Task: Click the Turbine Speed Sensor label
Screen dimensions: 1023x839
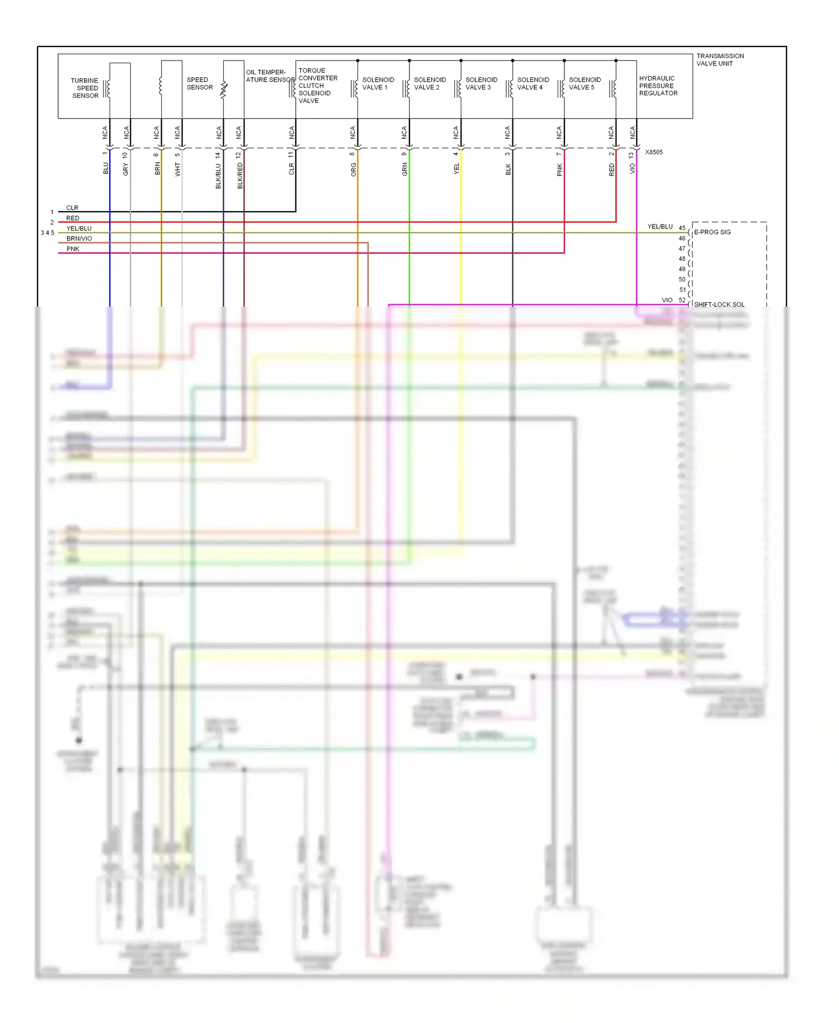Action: [x=84, y=88]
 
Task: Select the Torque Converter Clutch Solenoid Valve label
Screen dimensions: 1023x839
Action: [x=317, y=86]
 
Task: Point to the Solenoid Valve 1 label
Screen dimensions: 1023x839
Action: [x=378, y=83]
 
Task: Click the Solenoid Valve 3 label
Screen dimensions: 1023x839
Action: [x=481, y=83]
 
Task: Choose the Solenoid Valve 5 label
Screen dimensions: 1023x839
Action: [x=585, y=83]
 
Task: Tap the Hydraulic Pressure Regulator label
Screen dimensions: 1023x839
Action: [x=658, y=86]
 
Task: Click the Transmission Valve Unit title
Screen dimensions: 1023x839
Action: [x=720, y=60]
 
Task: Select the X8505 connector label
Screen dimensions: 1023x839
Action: [x=653, y=152]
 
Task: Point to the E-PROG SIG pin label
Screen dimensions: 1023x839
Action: [x=712, y=232]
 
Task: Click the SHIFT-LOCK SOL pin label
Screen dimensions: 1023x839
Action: [x=719, y=304]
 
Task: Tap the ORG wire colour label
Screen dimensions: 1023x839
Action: [x=353, y=170]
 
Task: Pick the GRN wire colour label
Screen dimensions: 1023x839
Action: [x=405, y=170]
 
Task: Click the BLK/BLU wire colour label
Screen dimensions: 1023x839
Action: [x=218, y=176]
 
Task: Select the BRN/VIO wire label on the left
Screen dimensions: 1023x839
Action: [x=79, y=239]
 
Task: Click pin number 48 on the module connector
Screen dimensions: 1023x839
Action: [x=682, y=259]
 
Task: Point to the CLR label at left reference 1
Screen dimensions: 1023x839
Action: [x=72, y=208]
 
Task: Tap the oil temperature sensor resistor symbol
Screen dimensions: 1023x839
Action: [x=224, y=89]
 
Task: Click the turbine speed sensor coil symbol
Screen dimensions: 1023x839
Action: [x=109, y=88]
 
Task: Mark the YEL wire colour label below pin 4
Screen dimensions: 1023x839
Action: [x=456, y=168]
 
